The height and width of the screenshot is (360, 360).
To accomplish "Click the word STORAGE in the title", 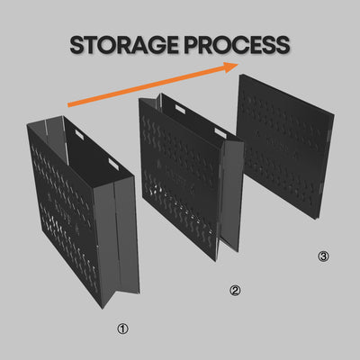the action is coord(125,45).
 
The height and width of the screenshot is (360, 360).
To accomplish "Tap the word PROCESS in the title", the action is coord(237,45).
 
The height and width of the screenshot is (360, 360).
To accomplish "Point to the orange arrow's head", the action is coord(231,67).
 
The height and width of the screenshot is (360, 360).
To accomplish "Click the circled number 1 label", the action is coord(122,329).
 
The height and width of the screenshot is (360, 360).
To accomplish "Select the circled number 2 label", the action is coord(235,291).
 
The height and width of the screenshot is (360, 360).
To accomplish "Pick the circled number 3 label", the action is coord(323,256).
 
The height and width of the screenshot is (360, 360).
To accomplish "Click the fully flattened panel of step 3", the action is coord(285,147).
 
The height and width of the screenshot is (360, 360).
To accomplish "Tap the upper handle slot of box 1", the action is coord(79,134).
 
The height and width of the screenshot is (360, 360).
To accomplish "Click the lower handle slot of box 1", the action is coord(113,164).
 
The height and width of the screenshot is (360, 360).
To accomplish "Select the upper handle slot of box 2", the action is coord(180,109).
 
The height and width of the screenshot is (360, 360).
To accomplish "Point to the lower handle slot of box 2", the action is coord(220,133).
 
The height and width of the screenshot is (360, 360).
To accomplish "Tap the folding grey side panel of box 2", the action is coord(231,195).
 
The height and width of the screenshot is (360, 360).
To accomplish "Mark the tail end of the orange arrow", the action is coord(68,105).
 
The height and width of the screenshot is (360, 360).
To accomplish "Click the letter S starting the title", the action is coord(76,45).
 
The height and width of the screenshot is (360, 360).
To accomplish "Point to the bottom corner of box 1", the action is coord(102,309).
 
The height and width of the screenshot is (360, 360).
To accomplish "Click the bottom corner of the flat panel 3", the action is coord(316,219).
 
